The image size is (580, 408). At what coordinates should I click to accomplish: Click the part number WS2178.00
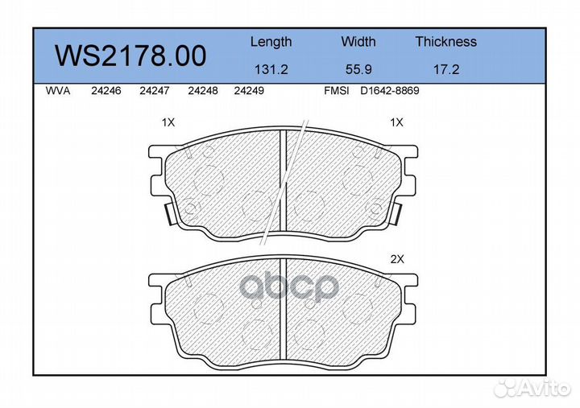click(x=130, y=56)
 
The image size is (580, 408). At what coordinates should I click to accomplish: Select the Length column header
click(x=271, y=42)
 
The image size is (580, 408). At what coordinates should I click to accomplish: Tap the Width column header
click(x=358, y=41)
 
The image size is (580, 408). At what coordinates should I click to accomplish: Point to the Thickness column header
click(x=446, y=41)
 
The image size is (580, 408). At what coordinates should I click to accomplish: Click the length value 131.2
click(x=271, y=69)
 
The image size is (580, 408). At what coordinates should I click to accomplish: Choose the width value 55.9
click(x=358, y=69)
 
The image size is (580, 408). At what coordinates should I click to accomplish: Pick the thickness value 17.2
click(x=446, y=69)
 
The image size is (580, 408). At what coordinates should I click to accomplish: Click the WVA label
click(x=58, y=91)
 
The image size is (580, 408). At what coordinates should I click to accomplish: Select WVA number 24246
click(x=106, y=91)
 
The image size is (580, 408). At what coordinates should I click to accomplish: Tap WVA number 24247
click(x=154, y=91)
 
